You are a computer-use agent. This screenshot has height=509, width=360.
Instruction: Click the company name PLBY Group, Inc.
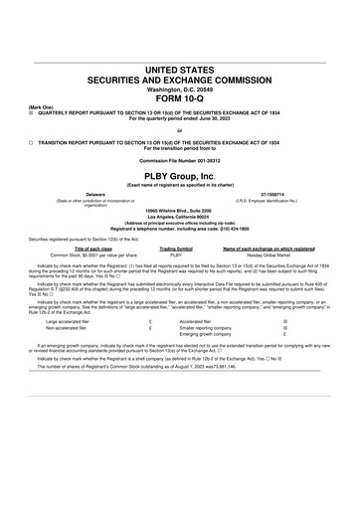pos(179,175)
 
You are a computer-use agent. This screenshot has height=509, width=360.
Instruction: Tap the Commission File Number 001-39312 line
pos(179,159)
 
